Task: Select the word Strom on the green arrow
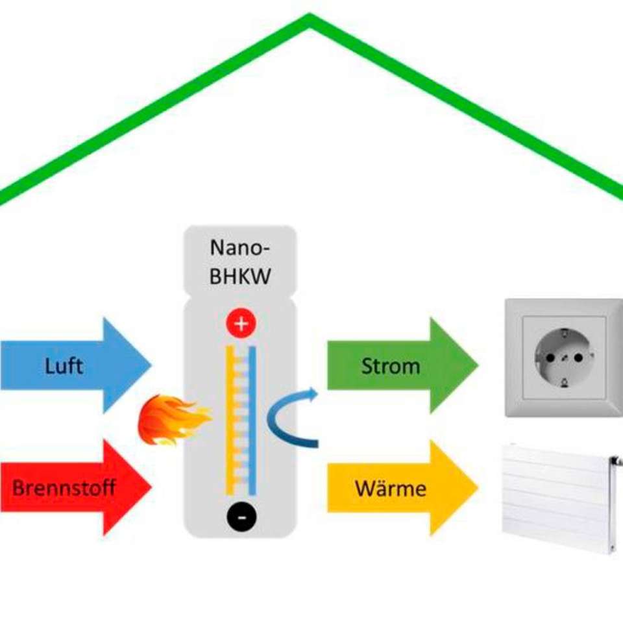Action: click(x=390, y=366)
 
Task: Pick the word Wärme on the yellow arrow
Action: click(x=391, y=488)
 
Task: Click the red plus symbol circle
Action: click(x=241, y=324)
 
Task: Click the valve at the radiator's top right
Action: click(x=613, y=461)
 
